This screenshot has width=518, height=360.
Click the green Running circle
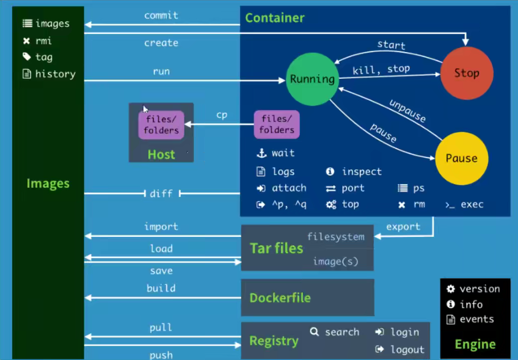[312, 79]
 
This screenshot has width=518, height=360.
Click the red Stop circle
[466, 73]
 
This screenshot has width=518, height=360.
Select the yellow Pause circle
[461, 159]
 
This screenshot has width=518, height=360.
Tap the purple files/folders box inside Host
[162, 125]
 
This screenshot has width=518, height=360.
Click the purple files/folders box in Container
[276, 125]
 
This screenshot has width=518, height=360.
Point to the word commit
[161, 16]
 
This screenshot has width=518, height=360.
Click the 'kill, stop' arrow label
[381, 69]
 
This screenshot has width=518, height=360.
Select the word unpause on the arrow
[407, 111]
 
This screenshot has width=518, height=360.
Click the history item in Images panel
[55, 74]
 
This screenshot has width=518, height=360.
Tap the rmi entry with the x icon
[43, 41]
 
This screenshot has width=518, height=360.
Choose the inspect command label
[361, 172]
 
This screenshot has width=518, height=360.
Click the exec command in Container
[472, 204]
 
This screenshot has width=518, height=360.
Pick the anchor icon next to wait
[261, 153]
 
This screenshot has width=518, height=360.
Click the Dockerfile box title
[280, 298]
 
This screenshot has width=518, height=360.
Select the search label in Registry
[342, 332]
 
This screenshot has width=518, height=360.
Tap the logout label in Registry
[407, 349]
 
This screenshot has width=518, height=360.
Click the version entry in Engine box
[479, 289]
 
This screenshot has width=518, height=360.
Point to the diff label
[161, 193]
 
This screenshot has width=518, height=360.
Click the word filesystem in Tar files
[335, 237]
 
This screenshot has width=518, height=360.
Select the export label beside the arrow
[403, 227]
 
